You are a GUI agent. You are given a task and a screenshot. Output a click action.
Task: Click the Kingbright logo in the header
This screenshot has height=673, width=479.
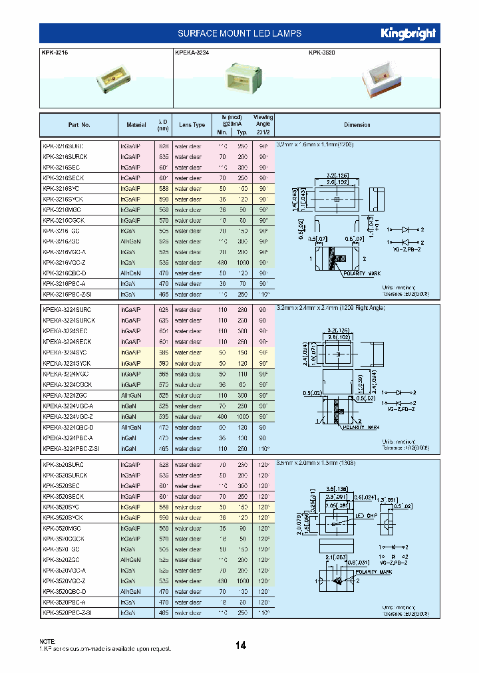tap(408, 33)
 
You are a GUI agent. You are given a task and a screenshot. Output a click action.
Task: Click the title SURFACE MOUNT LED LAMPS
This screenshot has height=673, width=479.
tap(239, 33)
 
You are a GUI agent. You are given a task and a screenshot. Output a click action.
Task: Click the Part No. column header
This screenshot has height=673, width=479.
tap(79, 125)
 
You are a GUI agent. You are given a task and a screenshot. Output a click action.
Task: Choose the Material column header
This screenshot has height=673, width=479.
tap(136, 125)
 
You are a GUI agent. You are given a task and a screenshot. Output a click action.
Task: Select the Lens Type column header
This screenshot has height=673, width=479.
tap(192, 125)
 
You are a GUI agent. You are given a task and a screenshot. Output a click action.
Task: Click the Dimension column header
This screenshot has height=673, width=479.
tap(357, 125)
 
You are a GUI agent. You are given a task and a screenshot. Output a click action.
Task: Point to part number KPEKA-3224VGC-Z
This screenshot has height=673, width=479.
tap(72, 416)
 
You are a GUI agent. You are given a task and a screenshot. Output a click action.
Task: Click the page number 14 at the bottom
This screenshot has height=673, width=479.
tap(240, 645)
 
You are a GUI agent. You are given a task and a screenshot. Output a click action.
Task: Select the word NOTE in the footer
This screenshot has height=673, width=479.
tap(48, 641)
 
